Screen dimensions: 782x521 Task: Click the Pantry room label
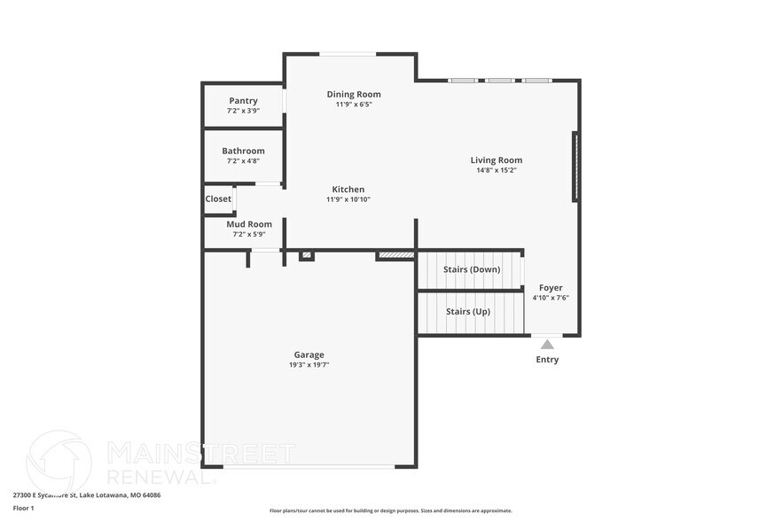click(x=243, y=101)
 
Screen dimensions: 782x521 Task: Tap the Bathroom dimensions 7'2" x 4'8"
click(x=243, y=161)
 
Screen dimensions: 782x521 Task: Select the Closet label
click(x=218, y=198)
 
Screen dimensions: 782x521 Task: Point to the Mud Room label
click(x=249, y=224)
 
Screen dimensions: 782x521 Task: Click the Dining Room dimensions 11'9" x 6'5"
click(x=354, y=105)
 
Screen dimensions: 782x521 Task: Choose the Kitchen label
click(x=348, y=190)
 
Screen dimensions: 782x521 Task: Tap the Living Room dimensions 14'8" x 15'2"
click(x=497, y=170)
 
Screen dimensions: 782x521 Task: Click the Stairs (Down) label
click(x=472, y=269)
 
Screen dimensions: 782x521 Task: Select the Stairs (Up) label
click(x=468, y=312)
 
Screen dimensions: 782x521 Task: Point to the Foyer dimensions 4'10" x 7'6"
click(x=551, y=298)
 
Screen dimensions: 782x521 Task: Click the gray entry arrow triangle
click(x=548, y=345)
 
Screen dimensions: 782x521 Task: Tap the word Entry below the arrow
click(x=547, y=360)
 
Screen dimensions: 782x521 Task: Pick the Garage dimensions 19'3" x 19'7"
click(x=309, y=365)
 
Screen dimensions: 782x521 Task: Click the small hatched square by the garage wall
click(x=307, y=255)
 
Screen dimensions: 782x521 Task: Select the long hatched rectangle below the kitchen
click(x=396, y=255)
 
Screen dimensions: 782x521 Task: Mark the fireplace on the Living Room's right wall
click(x=575, y=167)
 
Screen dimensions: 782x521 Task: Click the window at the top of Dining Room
click(x=348, y=54)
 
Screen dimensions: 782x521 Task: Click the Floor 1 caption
click(x=23, y=508)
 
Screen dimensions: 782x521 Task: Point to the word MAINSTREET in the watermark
click(x=201, y=454)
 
